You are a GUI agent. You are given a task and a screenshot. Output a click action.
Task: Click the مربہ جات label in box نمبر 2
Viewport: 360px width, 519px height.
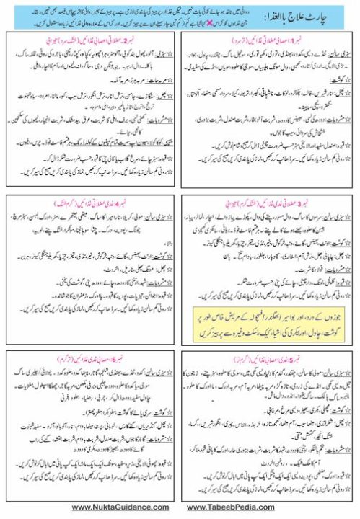[162, 84]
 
